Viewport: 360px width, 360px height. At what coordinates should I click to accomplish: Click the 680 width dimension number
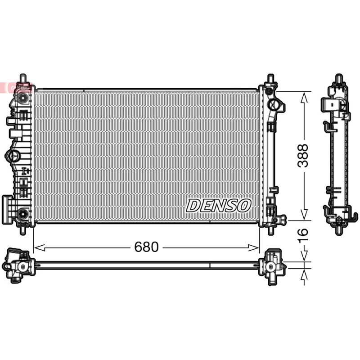point(146,247)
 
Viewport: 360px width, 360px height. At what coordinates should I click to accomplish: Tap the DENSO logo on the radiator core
point(218,206)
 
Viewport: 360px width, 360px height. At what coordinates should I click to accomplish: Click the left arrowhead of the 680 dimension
point(39,248)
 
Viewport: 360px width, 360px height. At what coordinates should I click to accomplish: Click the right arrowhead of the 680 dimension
point(254,248)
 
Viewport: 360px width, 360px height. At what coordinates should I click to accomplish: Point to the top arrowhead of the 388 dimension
point(304,97)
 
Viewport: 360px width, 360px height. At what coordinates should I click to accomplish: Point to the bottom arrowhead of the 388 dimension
point(304,215)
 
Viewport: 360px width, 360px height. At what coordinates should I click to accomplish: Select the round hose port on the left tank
point(13,156)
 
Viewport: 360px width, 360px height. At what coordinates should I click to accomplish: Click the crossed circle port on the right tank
point(273,105)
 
